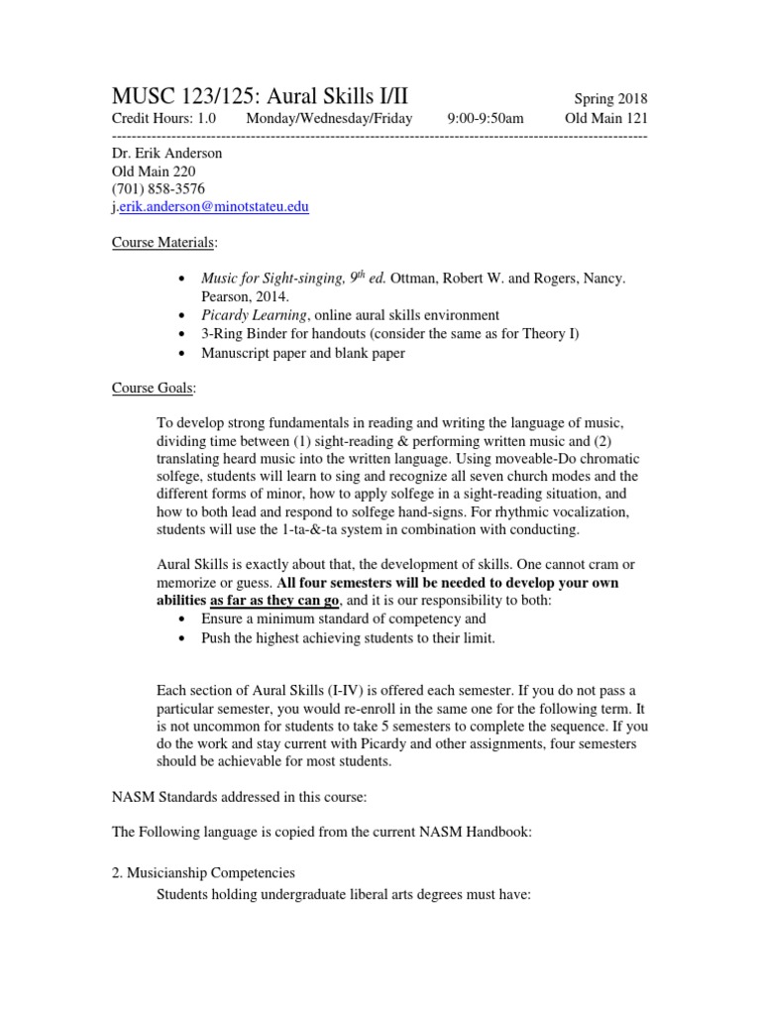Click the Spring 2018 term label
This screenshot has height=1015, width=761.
610,99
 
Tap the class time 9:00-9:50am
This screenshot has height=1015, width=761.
485,118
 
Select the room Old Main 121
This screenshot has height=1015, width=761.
605,118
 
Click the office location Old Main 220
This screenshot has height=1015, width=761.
155,171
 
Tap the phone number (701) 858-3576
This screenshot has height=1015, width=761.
159,189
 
